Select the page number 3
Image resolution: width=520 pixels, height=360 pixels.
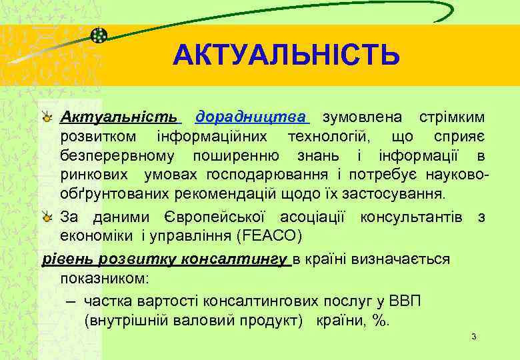point(473,336)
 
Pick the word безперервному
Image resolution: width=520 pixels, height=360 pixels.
point(118,156)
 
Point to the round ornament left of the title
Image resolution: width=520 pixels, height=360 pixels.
point(99,35)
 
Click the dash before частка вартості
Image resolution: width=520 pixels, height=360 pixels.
point(72,301)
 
